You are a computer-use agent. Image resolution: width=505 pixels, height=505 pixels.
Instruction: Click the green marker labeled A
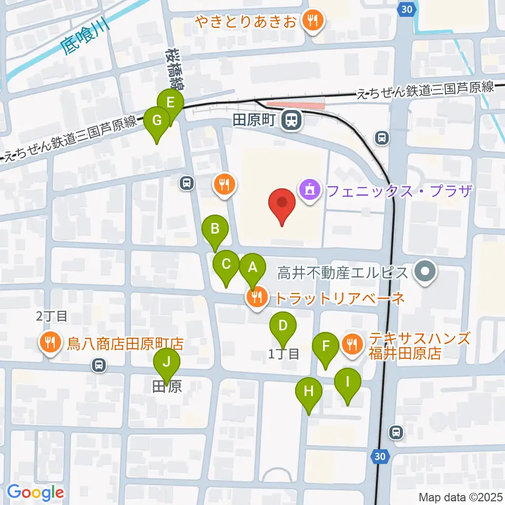(x=252, y=268)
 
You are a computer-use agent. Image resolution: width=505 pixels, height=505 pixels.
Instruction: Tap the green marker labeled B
(x=215, y=229)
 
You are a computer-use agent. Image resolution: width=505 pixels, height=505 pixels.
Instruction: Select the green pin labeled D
(x=282, y=326)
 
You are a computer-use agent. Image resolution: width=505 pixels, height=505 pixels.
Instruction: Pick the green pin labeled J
(x=167, y=362)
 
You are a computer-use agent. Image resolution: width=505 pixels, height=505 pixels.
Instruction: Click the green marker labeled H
(x=309, y=391)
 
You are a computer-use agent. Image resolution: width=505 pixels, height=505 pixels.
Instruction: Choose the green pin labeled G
(x=157, y=120)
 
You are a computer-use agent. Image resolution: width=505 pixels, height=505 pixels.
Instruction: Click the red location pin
(x=282, y=203)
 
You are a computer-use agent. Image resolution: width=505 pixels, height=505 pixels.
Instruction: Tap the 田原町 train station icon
(x=289, y=121)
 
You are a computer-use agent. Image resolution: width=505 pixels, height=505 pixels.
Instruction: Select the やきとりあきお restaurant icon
(x=314, y=22)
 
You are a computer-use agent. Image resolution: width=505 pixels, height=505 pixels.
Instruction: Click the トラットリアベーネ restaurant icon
(x=256, y=298)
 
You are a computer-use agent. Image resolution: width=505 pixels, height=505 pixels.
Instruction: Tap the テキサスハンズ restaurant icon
(x=351, y=345)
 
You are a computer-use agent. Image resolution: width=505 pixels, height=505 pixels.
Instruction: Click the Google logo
(x=35, y=492)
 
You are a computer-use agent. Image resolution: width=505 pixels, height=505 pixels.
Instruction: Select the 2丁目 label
(x=52, y=316)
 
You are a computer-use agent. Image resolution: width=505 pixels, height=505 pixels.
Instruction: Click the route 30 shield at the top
(x=405, y=9)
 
